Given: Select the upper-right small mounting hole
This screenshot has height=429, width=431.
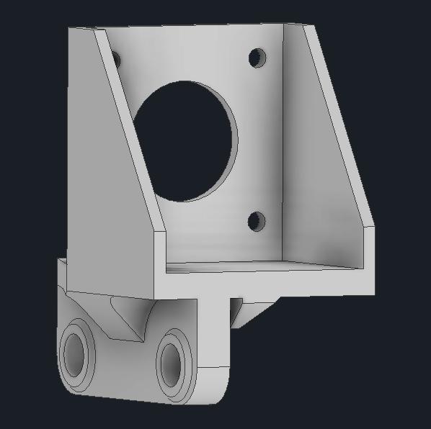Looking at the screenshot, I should (257, 57).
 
